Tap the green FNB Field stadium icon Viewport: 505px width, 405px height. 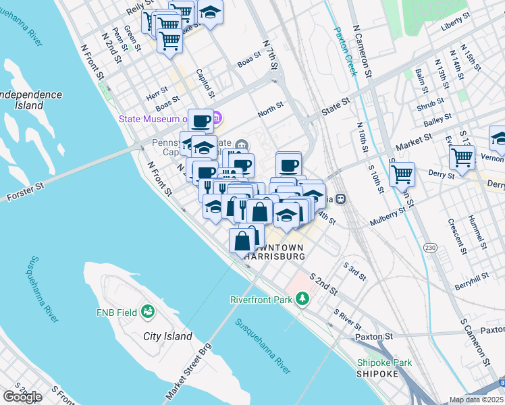147,312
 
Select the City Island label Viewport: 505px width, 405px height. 167,336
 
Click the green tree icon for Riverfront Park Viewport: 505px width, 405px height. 303,298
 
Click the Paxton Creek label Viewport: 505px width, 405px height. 344,51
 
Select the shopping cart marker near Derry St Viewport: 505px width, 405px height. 402,173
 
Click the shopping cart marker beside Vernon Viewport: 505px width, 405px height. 462,158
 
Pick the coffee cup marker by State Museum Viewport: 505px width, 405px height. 201,121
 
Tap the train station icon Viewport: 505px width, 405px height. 341,199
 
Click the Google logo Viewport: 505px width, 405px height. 22,396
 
